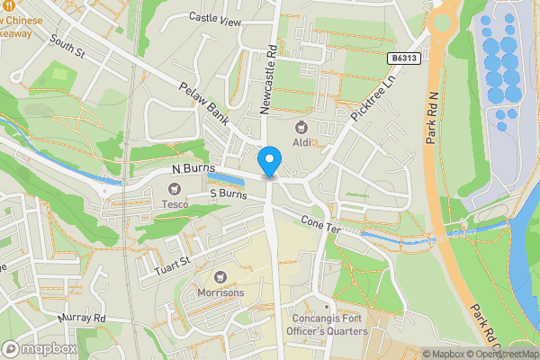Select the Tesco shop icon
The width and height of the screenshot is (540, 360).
click(x=174, y=188)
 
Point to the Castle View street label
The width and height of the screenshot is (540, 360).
click(x=216, y=17)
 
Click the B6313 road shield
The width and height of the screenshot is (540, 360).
click(x=407, y=58)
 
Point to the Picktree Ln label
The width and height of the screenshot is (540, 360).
click(x=373, y=99)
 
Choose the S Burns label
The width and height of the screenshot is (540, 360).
click(x=228, y=193)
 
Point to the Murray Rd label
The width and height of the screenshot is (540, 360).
click(x=84, y=319)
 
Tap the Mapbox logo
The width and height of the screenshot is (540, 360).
click(x=40, y=348)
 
